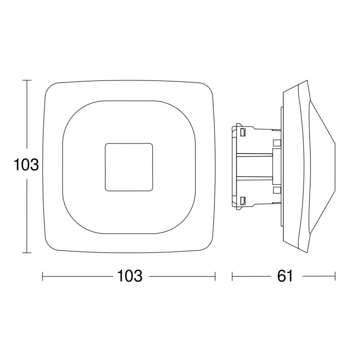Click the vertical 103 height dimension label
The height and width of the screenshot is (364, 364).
(26, 165)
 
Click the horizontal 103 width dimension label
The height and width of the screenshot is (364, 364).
(130, 276)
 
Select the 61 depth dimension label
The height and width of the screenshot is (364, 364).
(285, 276)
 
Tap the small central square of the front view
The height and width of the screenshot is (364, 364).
(129, 167)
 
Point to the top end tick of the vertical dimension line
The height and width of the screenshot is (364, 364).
(27, 80)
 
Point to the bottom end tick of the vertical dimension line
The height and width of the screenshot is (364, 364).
(27, 252)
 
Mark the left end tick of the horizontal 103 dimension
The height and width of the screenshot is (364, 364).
(43, 276)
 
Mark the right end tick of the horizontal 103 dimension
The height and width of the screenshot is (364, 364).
(215, 276)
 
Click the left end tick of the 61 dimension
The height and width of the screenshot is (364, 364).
(232, 276)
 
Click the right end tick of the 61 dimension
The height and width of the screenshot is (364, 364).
(335, 276)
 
